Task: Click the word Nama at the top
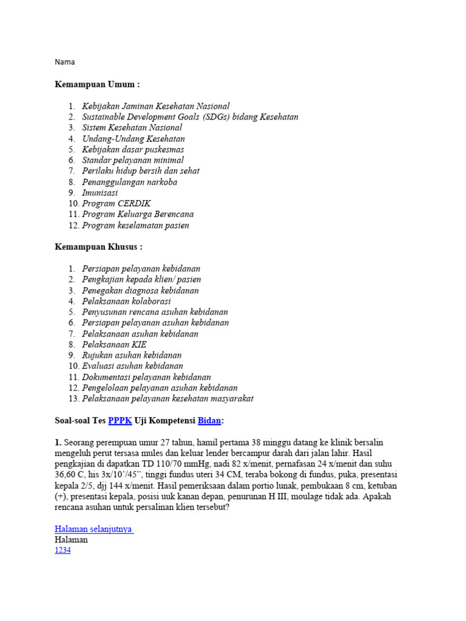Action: [x=65, y=62]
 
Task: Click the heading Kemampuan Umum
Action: [x=97, y=84]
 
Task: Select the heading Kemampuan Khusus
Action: [x=98, y=247]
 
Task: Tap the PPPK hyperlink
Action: [x=120, y=420]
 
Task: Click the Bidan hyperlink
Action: [x=210, y=420]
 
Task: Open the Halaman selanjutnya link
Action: [x=94, y=529]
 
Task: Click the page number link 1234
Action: [x=62, y=550]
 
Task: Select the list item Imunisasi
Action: [x=100, y=193]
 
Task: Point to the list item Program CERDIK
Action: [x=116, y=204]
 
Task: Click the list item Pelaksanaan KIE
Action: [x=114, y=344]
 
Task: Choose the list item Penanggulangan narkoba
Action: [x=129, y=182]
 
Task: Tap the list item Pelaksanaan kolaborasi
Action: [x=126, y=301]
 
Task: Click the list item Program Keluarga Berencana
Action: [x=138, y=214]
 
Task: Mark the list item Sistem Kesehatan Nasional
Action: [x=132, y=127]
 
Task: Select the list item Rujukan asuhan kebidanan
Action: [x=132, y=355]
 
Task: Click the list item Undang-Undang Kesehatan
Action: [x=133, y=139]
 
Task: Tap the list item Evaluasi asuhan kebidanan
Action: [x=132, y=366]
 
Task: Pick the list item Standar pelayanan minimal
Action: [x=133, y=161]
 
